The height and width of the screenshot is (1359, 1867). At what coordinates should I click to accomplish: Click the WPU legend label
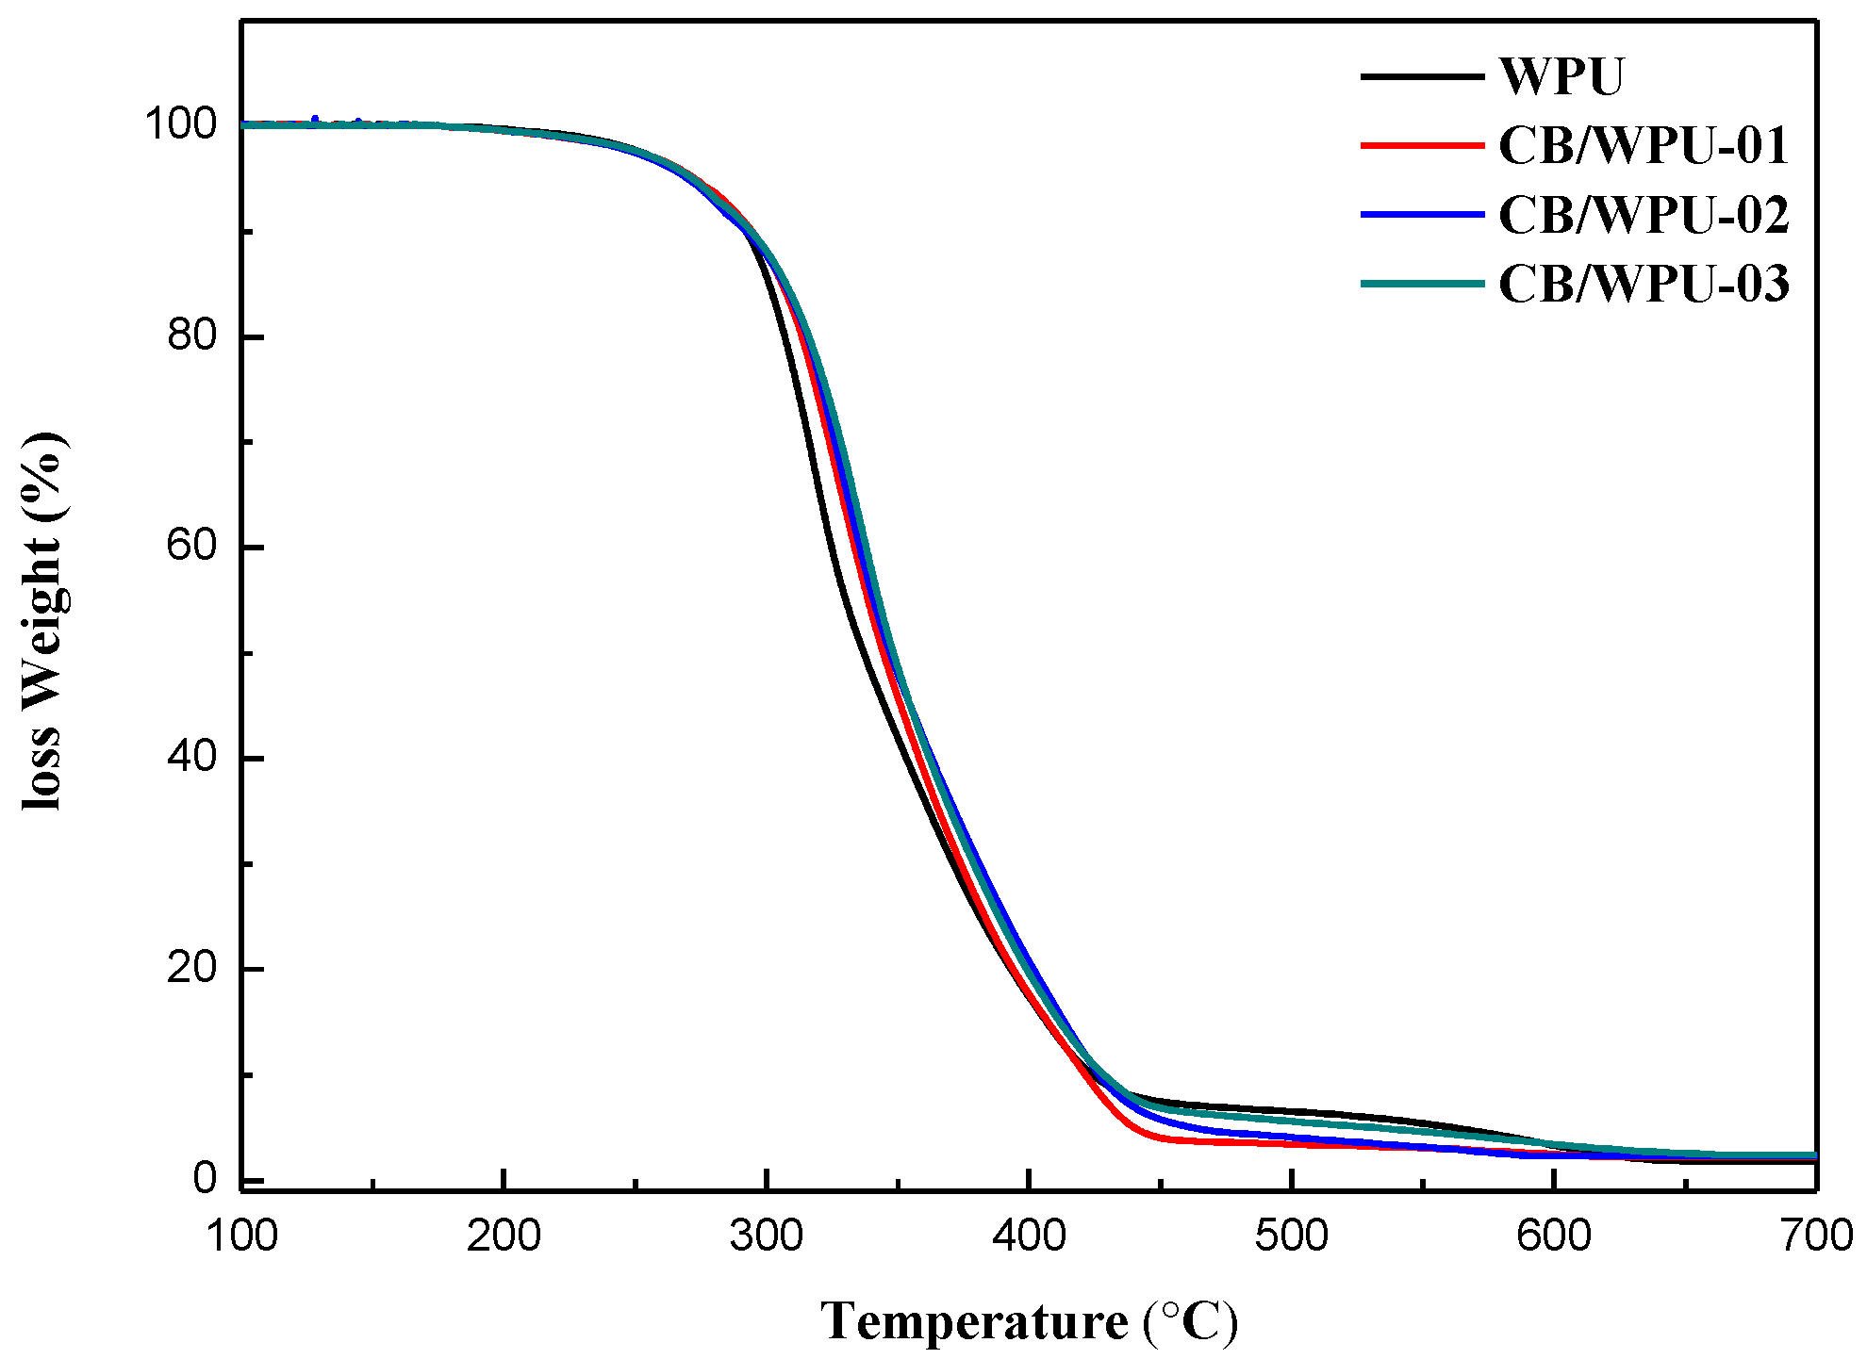click(1561, 76)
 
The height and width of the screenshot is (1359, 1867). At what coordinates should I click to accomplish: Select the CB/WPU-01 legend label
click(1643, 146)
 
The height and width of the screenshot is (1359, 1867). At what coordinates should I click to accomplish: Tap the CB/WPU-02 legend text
click(1643, 215)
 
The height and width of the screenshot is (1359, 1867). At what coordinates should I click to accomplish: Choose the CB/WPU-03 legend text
click(1643, 284)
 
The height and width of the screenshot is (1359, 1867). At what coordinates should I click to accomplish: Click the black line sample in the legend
click(1421, 76)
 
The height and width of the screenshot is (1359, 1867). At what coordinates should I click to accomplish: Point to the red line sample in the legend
click(1421, 146)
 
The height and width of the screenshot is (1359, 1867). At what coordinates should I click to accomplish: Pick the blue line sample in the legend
click(1421, 215)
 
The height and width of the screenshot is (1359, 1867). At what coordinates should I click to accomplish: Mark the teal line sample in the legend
click(1421, 284)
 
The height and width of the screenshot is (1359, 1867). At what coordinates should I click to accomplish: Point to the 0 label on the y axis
click(204, 1179)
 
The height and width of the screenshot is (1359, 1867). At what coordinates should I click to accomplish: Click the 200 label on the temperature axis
click(504, 1236)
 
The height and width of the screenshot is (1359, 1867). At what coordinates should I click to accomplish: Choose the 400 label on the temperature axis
click(1029, 1236)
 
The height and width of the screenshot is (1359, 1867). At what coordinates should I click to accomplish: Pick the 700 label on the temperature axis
click(1815, 1236)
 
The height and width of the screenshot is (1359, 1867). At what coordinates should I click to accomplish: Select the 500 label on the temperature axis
click(1291, 1236)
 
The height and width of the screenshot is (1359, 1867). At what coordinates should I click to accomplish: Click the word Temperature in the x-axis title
click(973, 1321)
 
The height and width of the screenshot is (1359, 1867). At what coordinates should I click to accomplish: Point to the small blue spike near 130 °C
click(315, 119)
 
